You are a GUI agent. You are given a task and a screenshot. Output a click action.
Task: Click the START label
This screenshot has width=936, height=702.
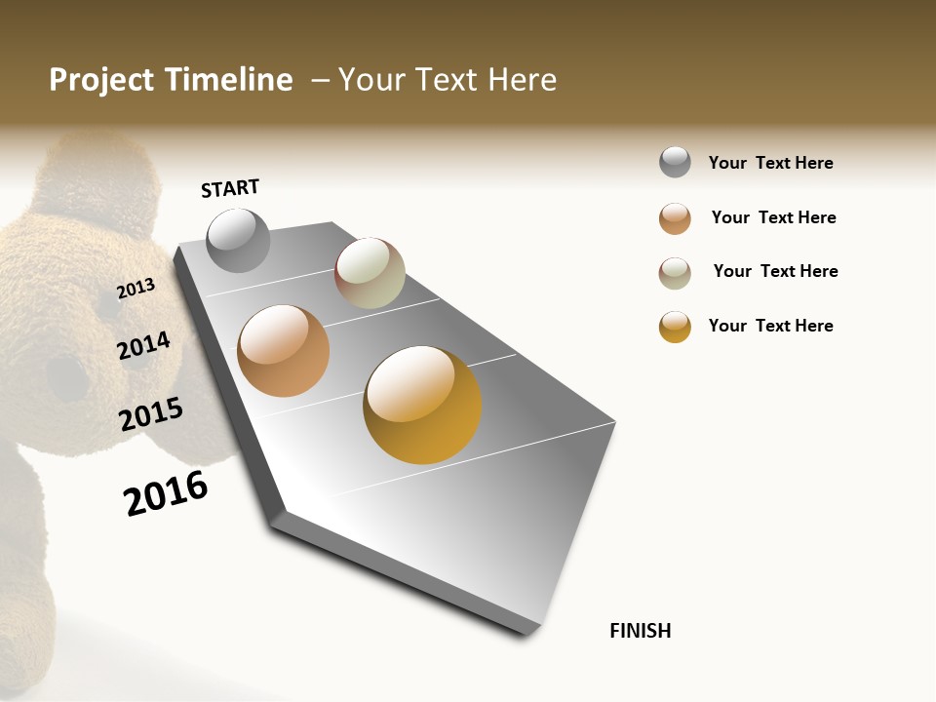click(230, 188)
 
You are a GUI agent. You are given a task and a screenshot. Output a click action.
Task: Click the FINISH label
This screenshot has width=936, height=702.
click(640, 631)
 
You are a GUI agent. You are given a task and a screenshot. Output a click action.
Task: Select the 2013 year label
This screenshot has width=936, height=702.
click(136, 288)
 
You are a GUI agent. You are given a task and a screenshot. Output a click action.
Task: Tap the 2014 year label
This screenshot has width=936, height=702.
click(144, 345)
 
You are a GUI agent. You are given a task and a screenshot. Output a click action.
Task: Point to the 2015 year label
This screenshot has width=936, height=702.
click(151, 414)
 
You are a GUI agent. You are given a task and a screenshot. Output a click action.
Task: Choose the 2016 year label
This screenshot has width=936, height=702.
click(167, 493)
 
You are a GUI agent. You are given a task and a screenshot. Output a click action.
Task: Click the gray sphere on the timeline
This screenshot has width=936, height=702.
click(238, 240)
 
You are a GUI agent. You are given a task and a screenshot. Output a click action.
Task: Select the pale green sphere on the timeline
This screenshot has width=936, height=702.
click(370, 273)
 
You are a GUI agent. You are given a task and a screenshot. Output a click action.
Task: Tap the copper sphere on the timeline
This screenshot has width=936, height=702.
click(283, 351)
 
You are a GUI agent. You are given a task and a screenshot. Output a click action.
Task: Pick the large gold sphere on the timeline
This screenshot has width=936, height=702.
click(422, 405)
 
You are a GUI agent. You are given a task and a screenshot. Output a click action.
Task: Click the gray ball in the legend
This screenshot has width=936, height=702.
click(675, 162)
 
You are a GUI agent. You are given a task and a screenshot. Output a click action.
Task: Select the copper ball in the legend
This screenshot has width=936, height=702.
click(675, 218)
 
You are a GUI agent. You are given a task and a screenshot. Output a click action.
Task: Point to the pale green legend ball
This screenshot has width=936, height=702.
click(675, 273)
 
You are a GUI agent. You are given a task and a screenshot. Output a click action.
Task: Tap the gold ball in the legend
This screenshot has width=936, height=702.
click(675, 327)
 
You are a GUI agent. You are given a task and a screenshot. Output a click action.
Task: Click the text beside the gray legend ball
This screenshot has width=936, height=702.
click(770, 163)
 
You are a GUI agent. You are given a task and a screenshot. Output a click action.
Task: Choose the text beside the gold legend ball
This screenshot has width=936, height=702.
click(770, 326)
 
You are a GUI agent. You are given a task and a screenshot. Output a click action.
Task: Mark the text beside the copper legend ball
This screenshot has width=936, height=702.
click(773, 217)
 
